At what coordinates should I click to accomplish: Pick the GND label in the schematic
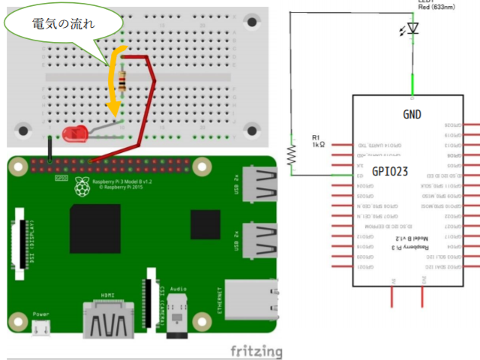(x=412, y=115)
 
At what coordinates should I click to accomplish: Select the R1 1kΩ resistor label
(x=317, y=140)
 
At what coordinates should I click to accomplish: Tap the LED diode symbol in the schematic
(x=411, y=30)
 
